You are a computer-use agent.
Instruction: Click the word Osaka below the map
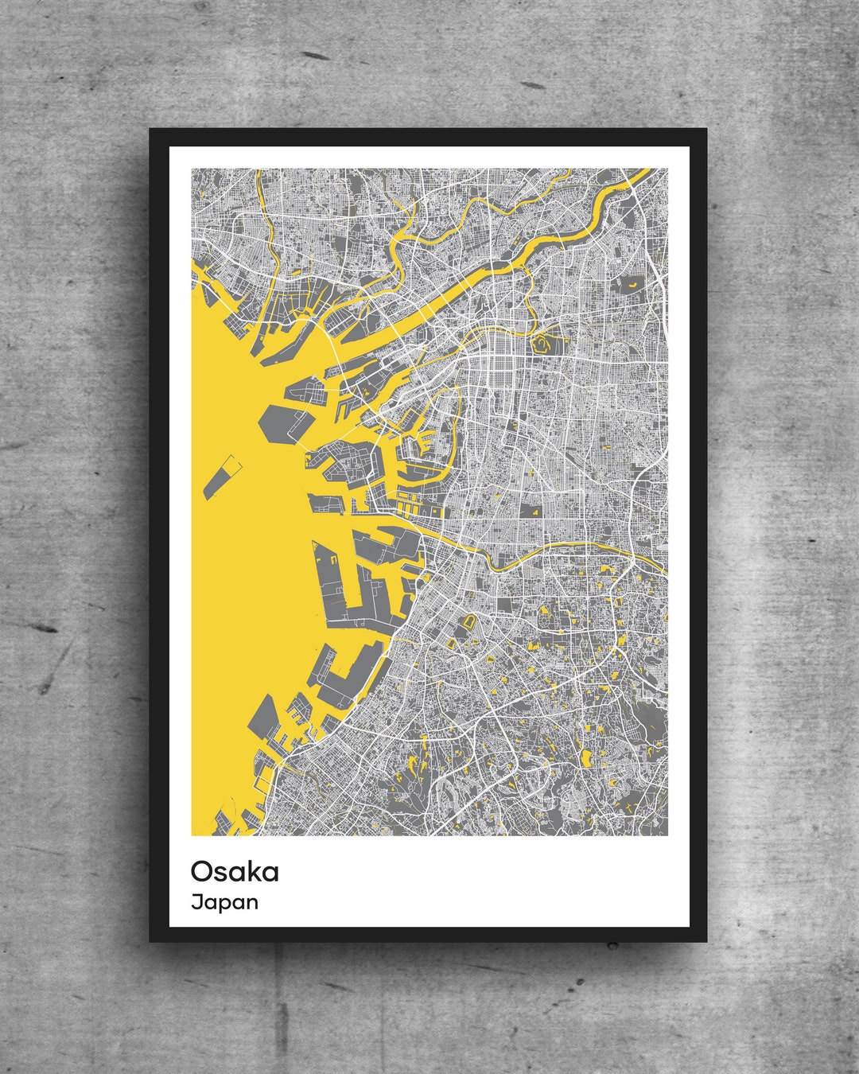coord(235,872)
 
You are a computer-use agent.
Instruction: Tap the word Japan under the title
coord(224,902)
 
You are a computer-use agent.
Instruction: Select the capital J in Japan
coord(195,902)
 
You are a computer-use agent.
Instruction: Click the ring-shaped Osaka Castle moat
coord(542,344)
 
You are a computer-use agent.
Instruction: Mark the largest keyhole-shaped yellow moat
coord(468,622)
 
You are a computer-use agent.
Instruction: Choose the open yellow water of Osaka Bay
coord(239,597)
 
